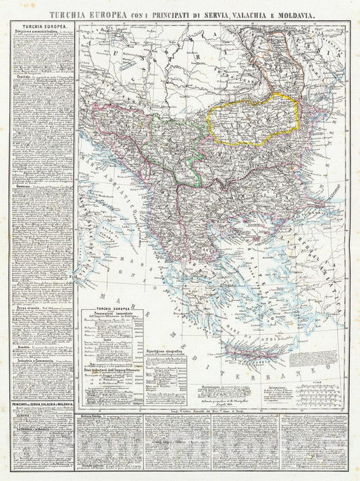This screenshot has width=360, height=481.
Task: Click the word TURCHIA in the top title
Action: tap(72, 13)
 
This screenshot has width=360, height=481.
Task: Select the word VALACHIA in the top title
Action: tap(245, 13)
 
